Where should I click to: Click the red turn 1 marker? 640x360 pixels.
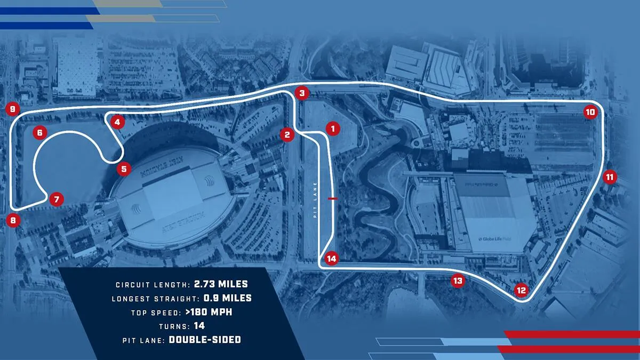(x=332, y=128)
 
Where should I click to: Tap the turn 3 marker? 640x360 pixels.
(x=302, y=93)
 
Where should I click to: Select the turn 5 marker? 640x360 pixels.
(x=124, y=170)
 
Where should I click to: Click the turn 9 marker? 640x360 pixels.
(x=12, y=109)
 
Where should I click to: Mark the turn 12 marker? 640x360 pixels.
(x=521, y=290)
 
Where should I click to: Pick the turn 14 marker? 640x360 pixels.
(x=332, y=259)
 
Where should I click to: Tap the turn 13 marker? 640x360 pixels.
(x=457, y=281)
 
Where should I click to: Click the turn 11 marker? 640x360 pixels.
(x=610, y=177)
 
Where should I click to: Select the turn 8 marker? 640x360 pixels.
(x=13, y=219)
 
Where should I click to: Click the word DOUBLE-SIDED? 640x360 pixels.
(x=205, y=340)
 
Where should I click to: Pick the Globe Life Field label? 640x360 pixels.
(x=491, y=239)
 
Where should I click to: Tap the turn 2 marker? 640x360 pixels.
(x=287, y=134)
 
